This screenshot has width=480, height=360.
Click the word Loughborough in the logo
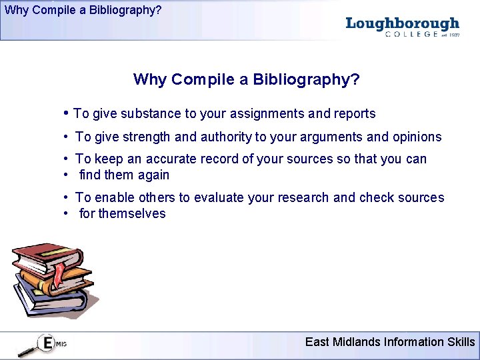pyautogui.click(x=403, y=24)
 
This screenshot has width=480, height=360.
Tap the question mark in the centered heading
pyautogui.click(x=355, y=80)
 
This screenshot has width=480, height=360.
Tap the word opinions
pyautogui.click(x=417, y=137)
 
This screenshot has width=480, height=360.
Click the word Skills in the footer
pyautogui.click(x=461, y=342)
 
